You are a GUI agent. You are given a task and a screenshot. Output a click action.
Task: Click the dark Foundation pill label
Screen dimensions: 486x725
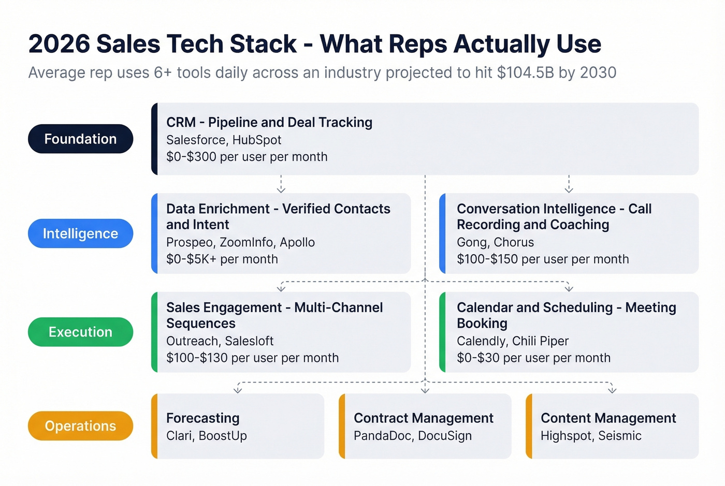click(x=80, y=139)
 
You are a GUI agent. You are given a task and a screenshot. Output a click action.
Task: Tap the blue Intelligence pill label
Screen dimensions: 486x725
click(x=80, y=233)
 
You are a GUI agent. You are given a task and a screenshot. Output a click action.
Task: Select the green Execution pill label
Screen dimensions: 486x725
click(x=80, y=332)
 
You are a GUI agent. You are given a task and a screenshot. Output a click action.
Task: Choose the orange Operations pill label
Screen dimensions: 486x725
click(x=80, y=426)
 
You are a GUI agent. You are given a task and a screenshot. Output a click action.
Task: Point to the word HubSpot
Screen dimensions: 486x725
click(x=257, y=140)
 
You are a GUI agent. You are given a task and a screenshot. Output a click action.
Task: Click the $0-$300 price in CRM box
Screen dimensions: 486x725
click(x=191, y=157)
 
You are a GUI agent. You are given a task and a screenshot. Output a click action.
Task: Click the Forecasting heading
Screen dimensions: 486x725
click(x=203, y=418)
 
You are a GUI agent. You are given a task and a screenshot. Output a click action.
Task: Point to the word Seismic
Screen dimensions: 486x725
click(x=620, y=436)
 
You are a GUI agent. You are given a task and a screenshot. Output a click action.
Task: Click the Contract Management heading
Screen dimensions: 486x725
click(x=424, y=418)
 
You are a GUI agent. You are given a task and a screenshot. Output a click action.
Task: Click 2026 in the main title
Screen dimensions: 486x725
click(x=59, y=44)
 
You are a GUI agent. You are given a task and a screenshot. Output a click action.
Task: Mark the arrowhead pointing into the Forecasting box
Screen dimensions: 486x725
click(x=238, y=390)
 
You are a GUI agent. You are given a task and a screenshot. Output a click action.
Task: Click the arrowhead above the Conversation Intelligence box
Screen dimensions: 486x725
click(x=569, y=189)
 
